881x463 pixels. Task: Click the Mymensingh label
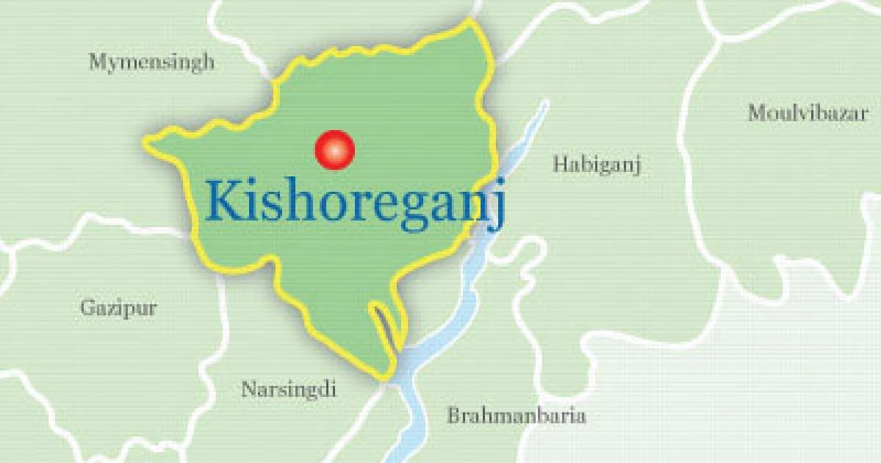point(152,62)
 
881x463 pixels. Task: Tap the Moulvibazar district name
point(808,113)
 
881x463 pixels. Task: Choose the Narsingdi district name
point(289,389)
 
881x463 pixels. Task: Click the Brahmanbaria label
point(517,416)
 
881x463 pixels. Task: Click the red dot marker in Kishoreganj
point(334,149)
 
